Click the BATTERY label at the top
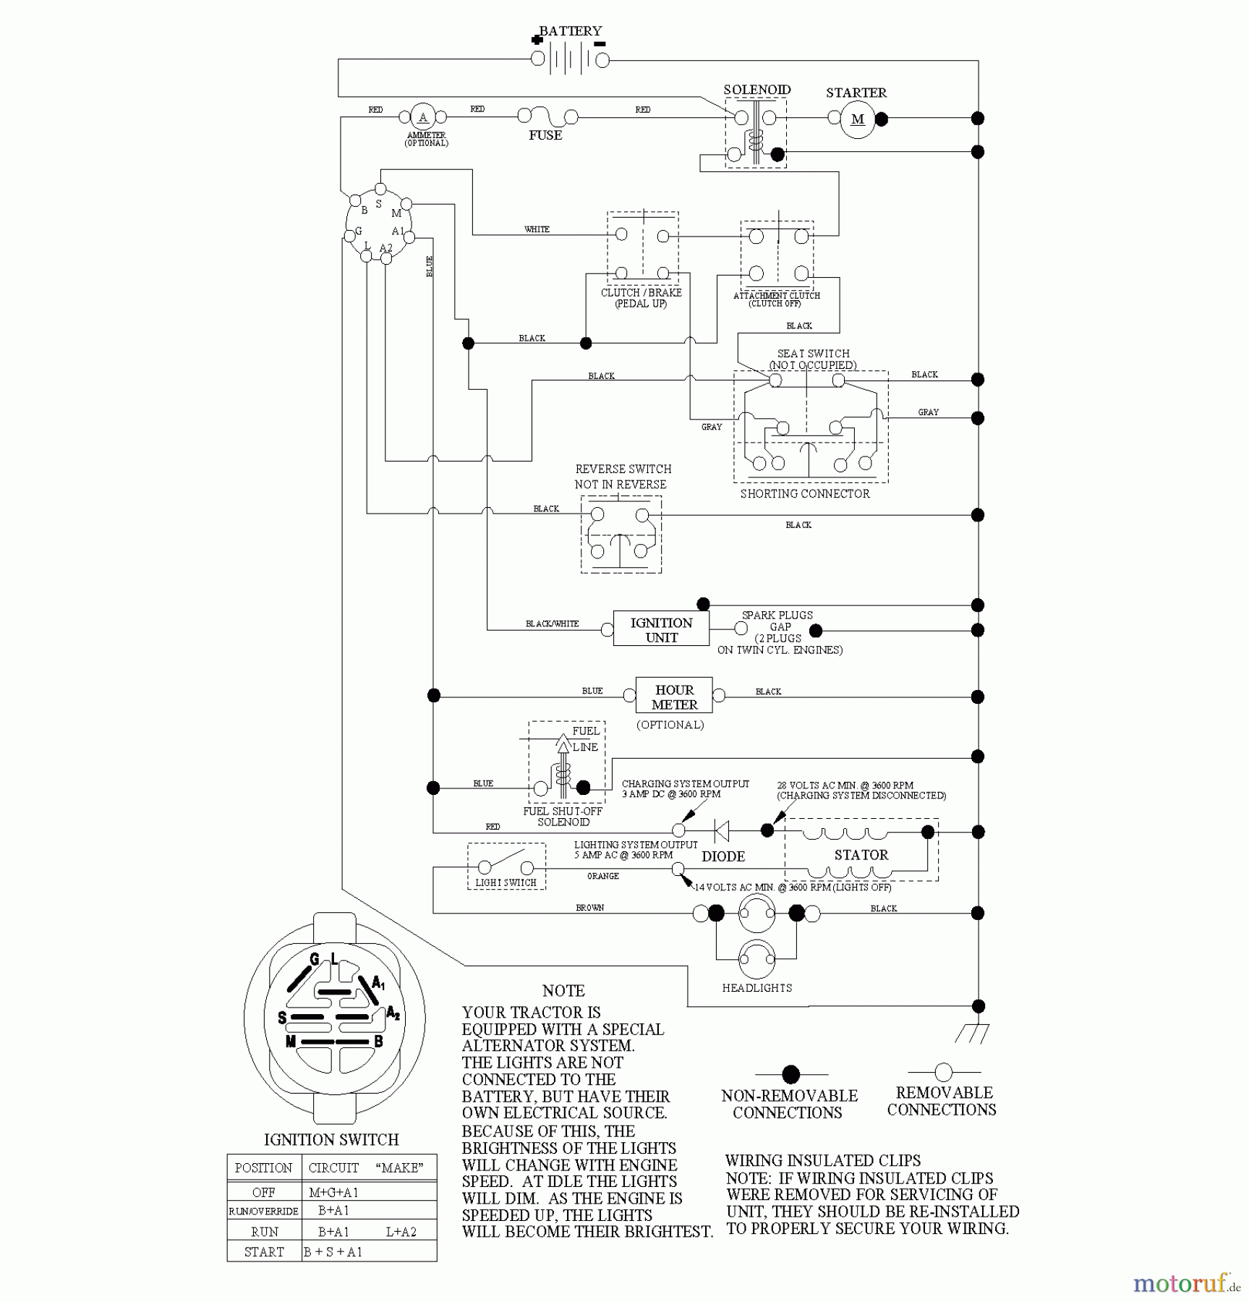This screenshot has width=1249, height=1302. [571, 31]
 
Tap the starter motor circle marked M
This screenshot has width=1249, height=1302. [857, 119]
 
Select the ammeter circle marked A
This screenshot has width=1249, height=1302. [423, 117]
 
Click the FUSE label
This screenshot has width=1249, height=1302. [545, 135]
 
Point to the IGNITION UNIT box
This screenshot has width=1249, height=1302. [661, 629]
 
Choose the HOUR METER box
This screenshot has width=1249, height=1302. [674, 697]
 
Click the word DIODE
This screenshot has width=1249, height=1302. [723, 856]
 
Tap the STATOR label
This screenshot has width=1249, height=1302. [861, 855]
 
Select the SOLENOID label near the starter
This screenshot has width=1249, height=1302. [757, 90]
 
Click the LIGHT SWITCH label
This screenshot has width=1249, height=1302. [506, 882]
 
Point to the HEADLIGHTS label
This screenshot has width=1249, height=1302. [756, 988]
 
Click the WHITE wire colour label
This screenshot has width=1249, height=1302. [537, 229]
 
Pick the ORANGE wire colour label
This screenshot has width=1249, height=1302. [603, 876]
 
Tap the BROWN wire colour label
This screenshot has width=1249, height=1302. [590, 908]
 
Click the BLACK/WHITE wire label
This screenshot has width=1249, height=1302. [552, 624]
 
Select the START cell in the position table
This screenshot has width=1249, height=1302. [264, 1251]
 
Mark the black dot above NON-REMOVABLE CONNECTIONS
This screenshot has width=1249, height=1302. [791, 1074]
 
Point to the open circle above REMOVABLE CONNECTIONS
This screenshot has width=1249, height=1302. [943, 1071]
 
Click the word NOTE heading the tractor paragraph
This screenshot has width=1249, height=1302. [563, 991]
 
